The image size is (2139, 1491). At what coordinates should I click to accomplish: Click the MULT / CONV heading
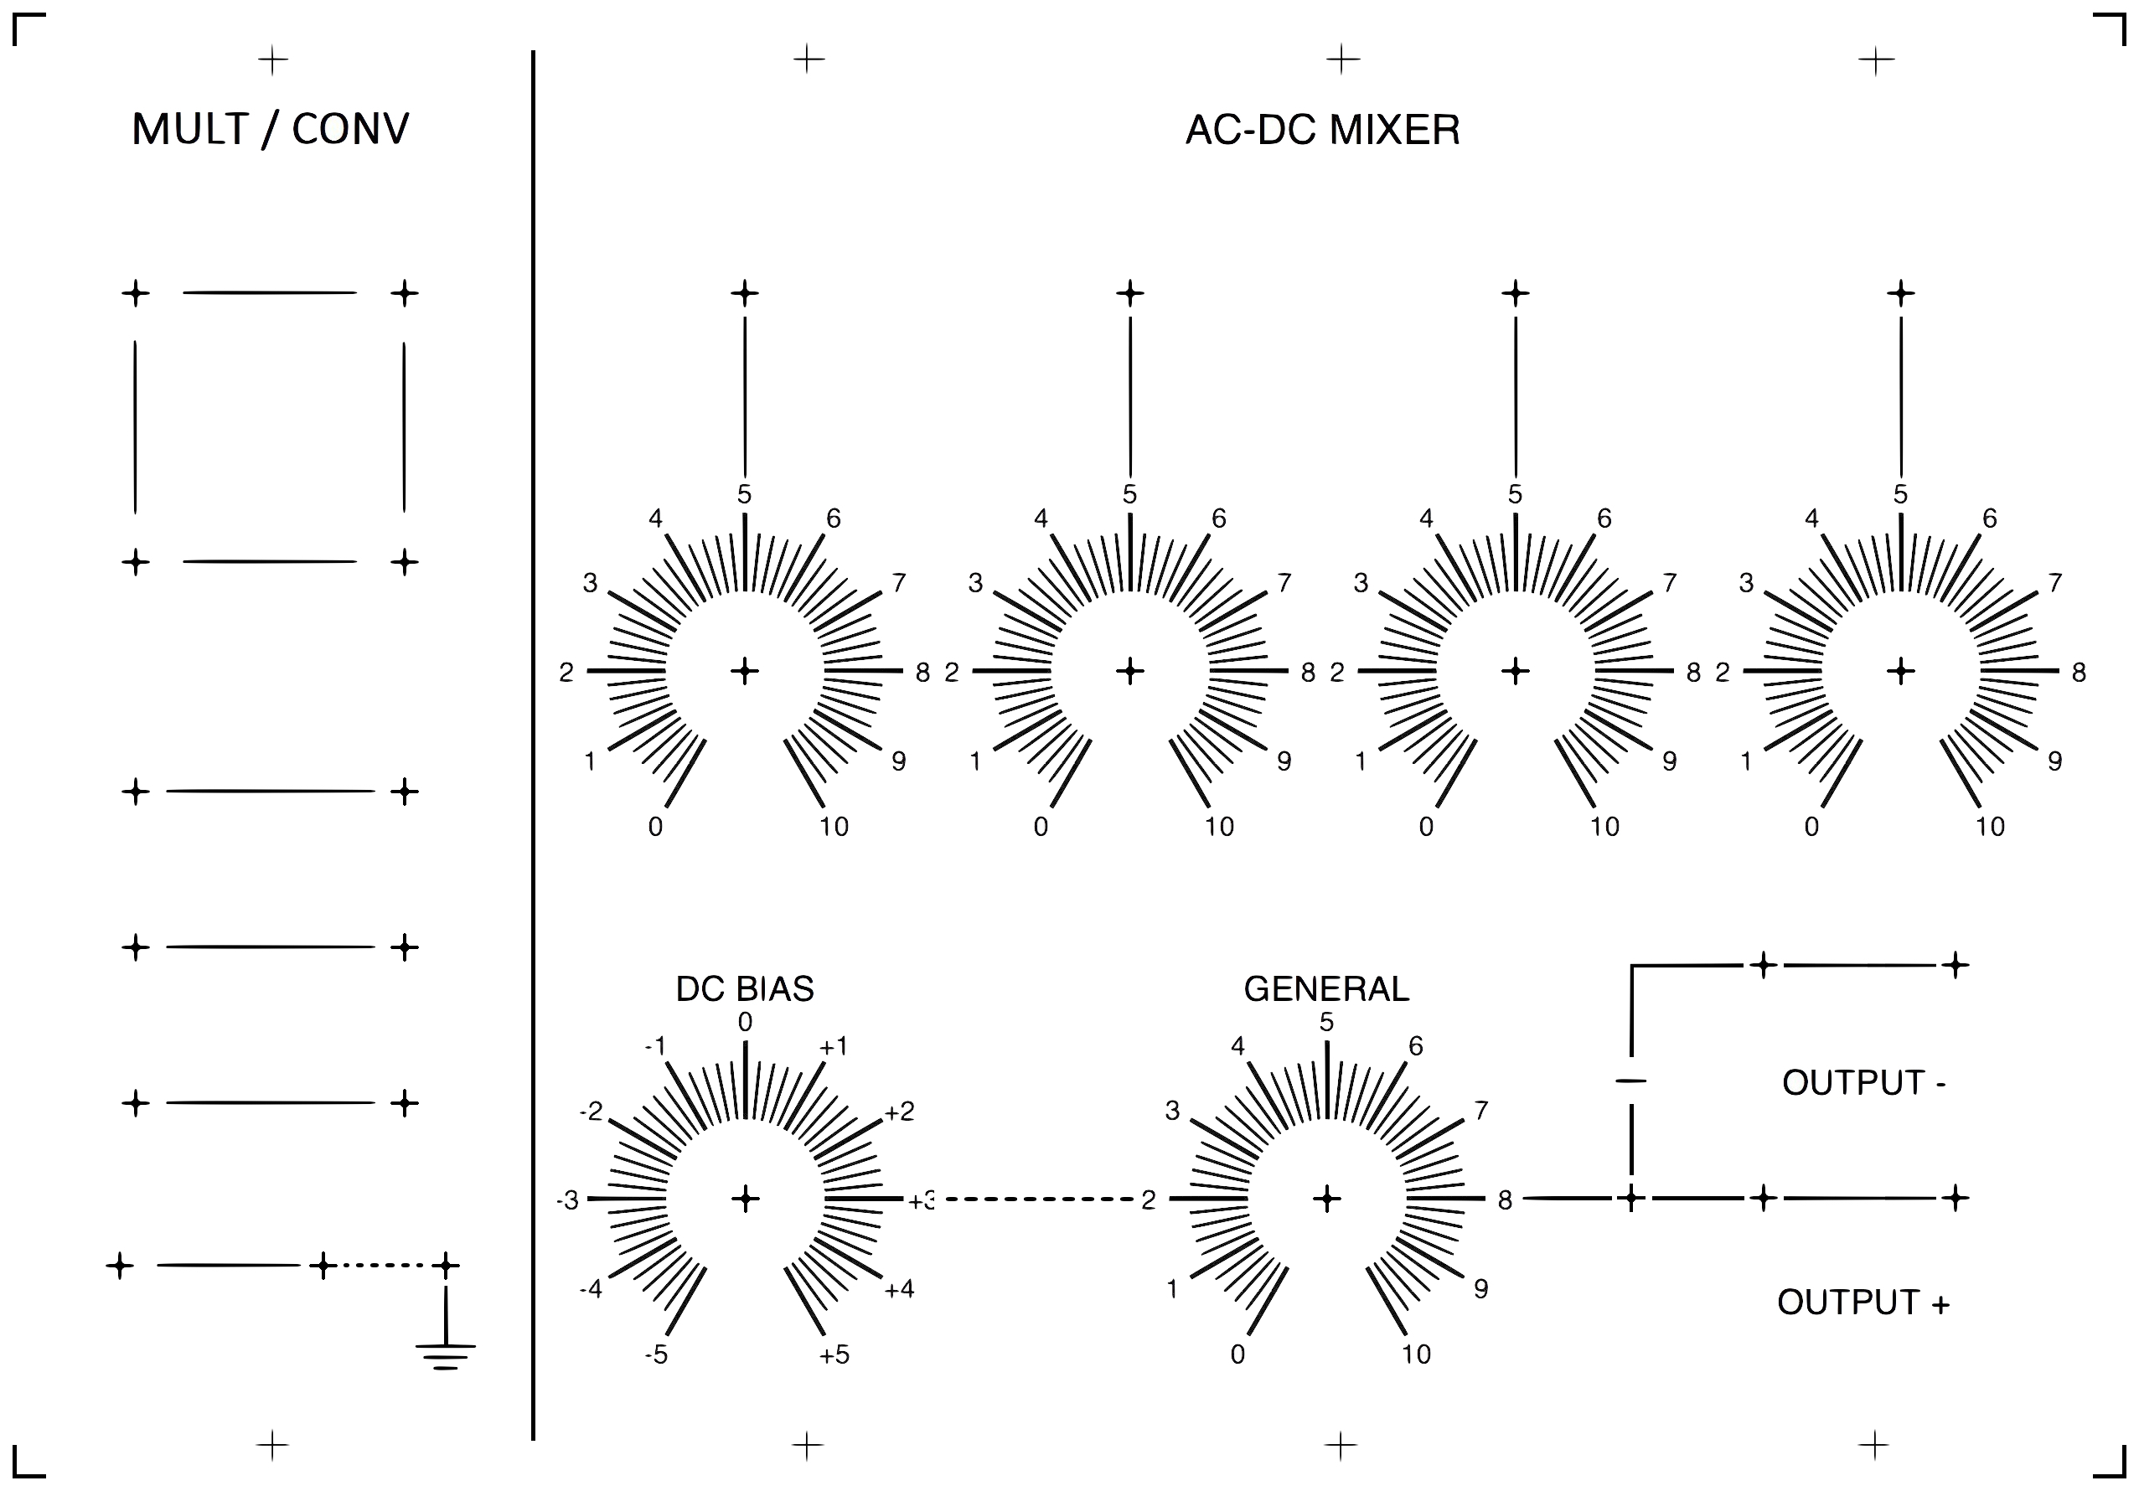(x=270, y=130)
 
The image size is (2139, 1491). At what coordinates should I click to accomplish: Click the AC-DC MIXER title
(x=1322, y=131)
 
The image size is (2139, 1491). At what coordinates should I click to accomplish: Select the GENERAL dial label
(x=1325, y=989)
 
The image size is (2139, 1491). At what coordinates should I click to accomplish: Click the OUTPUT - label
(x=1863, y=1083)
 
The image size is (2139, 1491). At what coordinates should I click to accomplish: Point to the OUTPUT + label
(x=1863, y=1302)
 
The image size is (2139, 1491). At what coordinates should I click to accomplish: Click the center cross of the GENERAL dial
(x=1326, y=1199)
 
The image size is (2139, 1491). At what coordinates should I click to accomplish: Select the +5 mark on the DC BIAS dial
(x=834, y=1355)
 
